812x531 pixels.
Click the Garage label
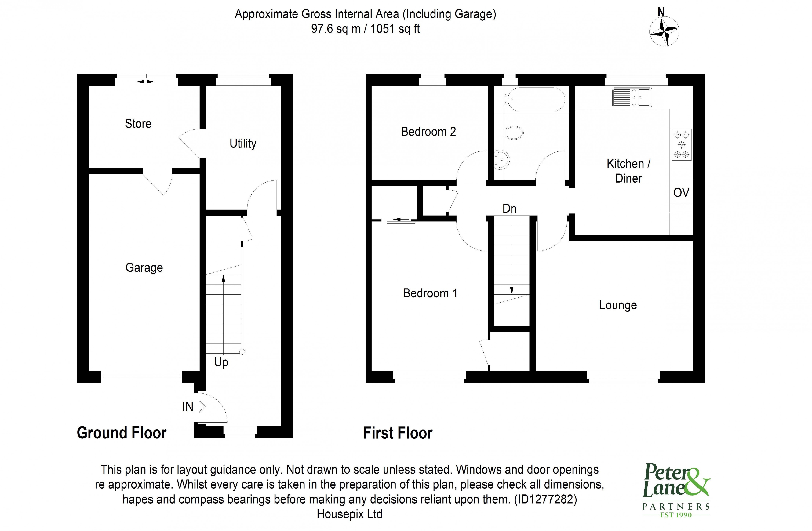144,267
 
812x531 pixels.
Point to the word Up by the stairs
221,362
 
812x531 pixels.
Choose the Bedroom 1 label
430,293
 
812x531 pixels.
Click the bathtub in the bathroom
536,100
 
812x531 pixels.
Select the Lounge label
618,305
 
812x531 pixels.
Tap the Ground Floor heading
122,433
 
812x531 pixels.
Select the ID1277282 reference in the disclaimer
545,499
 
